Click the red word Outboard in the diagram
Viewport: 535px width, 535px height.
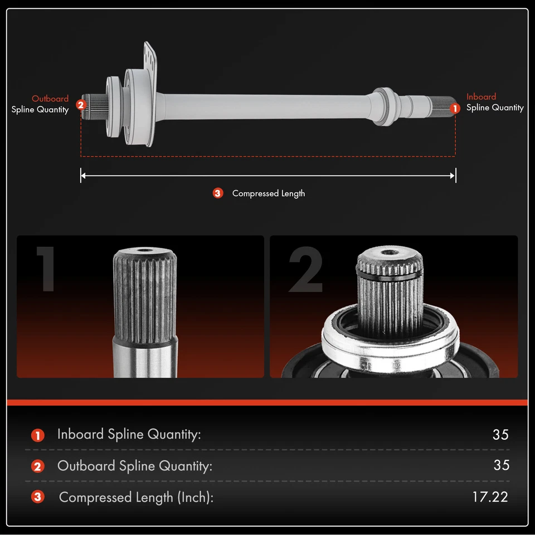click(x=50, y=99)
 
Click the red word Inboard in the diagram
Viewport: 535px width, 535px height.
click(x=481, y=96)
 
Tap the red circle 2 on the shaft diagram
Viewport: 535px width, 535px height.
click(x=81, y=104)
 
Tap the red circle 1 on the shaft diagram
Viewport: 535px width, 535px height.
click(x=455, y=108)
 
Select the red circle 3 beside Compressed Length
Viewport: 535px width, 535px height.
click(x=218, y=193)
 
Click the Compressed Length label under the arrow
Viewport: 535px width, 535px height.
click(x=268, y=193)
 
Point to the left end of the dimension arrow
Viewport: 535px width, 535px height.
click(x=81, y=176)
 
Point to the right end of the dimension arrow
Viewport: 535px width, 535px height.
click(x=455, y=176)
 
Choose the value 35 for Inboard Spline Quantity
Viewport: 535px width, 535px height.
click(x=500, y=435)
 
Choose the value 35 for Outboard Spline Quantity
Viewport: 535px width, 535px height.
click(x=501, y=465)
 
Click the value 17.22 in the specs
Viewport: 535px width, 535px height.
click(x=490, y=497)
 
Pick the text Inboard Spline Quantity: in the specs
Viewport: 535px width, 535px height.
click(x=129, y=435)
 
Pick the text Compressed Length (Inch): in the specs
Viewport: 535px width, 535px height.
click(x=136, y=497)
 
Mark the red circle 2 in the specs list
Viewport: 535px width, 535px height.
click(x=38, y=466)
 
